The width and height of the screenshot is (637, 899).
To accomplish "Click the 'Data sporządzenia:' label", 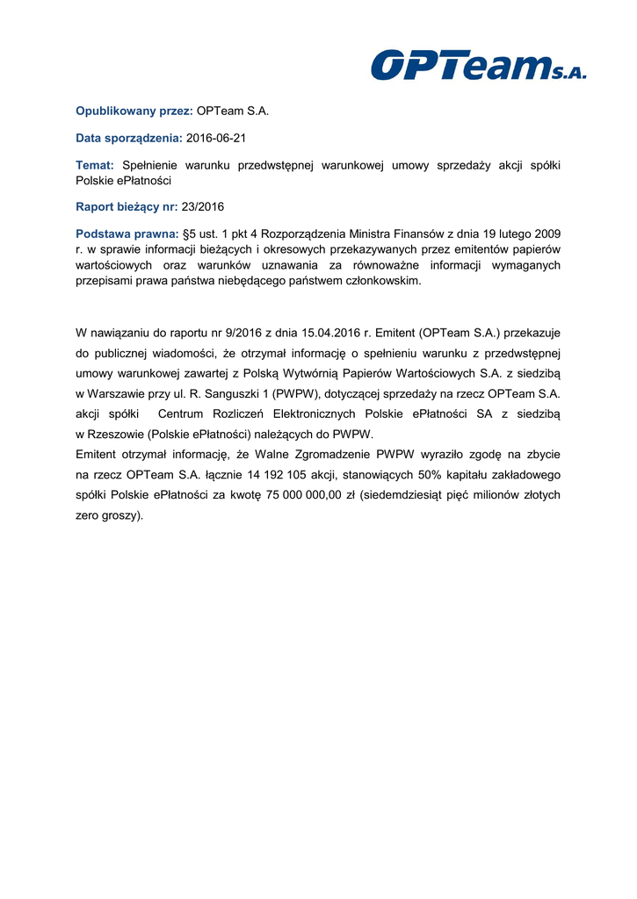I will [x=129, y=139].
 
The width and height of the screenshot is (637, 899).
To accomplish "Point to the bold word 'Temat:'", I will [x=95, y=165].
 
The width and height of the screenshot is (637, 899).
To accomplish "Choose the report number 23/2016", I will [x=203, y=207].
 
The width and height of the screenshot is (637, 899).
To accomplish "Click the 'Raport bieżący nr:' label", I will [x=127, y=207].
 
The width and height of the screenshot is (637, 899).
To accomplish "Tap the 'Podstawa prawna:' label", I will [x=127, y=234].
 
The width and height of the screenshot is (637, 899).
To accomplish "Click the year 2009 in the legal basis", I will [x=547, y=234].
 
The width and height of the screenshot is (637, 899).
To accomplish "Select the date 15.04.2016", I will [x=329, y=334].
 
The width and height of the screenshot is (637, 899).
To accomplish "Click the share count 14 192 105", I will [x=249, y=475].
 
